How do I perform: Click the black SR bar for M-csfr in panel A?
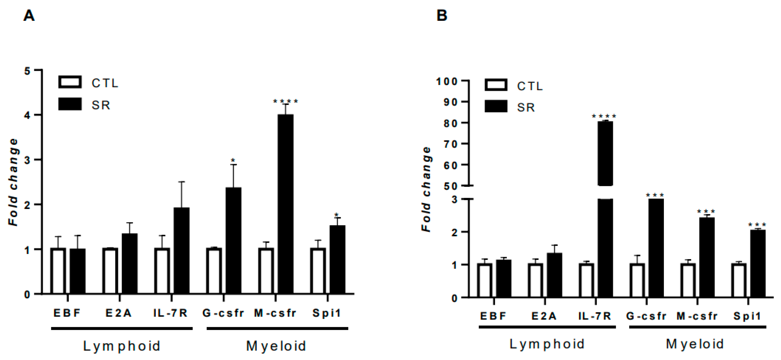(x=285, y=204)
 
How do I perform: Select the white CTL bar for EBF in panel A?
(x=58, y=271)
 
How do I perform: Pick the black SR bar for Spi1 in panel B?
(x=758, y=263)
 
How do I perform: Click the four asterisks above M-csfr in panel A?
(x=285, y=101)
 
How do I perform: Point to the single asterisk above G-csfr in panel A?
(x=233, y=160)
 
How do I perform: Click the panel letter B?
(x=442, y=15)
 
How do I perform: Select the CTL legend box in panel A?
(x=70, y=82)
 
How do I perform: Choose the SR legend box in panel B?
(x=496, y=106)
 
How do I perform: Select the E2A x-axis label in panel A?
(x=118, y=313)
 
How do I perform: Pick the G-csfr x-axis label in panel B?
(x=646, y=316)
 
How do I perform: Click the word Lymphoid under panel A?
(x=122, y=346)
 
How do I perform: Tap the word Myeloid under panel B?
(x=695, y=344)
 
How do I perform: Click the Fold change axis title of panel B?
(x=427, y=190)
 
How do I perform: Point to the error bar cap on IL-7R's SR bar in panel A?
(x=181, y=182)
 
